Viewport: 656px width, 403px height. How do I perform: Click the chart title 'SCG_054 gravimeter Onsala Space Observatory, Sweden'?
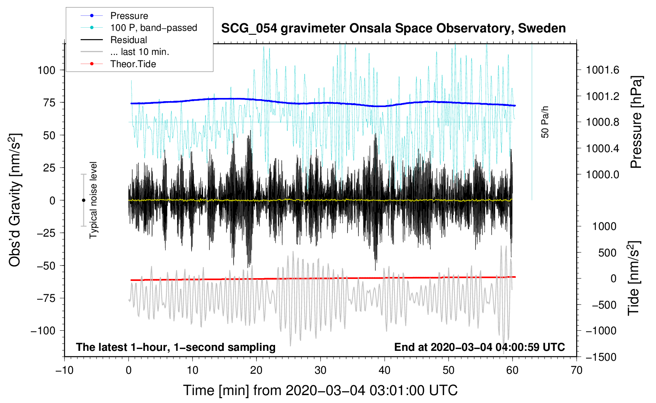[x=393, y=28]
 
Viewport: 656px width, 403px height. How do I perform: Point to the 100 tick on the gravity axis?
[x=46, y=70]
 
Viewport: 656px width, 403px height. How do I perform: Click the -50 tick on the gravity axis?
[x=46, y=266]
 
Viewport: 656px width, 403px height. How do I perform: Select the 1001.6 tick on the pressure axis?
[x=602, y=70]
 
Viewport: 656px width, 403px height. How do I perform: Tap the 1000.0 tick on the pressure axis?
[x=602, y=175]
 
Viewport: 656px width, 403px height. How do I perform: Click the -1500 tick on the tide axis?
[x=601, y=357]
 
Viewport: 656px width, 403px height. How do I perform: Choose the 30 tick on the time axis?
[x=320, y=370]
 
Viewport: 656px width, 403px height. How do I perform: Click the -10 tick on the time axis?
[x=64, y=370]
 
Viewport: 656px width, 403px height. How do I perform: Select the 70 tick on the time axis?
[x=577, y=370]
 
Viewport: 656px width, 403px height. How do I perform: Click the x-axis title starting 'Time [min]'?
[x=320, y=390]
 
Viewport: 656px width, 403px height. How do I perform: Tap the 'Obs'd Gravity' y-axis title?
[x=15, y=200]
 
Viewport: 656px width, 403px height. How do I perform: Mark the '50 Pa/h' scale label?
[x=545, y=122]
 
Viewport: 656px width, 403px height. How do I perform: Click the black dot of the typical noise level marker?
[x=83, y=200]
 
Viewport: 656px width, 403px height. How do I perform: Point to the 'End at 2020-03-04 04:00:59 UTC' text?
[x=479, y=347]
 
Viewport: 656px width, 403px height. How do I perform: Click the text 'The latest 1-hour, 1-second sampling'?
[x=175, y=347]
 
